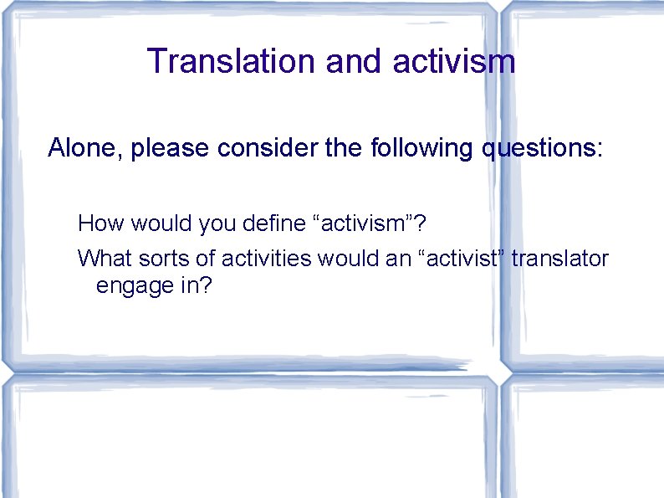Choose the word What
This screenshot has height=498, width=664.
[101, 259]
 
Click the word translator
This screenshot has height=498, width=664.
[560, 259]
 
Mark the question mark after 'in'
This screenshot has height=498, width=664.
[207, 285]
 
